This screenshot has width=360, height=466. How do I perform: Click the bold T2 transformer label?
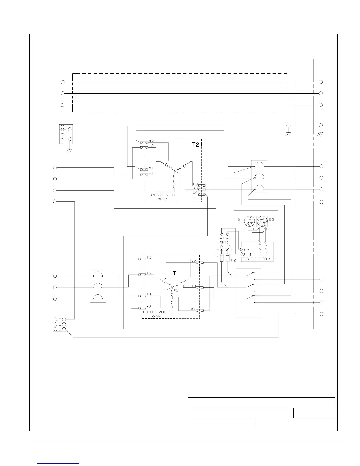(x=196, y=144)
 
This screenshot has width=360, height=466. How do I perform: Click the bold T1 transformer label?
(x=176, y=273)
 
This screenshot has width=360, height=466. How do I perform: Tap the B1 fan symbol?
(x=250, y=221)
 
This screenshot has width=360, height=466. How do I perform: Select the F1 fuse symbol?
(x=221, y=258)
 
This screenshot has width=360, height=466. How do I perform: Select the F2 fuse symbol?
(x=228, y=258)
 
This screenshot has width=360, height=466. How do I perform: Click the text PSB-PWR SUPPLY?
(x=256, y=259)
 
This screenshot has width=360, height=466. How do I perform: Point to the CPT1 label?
(x=224, y=242)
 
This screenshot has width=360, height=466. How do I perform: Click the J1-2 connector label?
(x=246, y=250)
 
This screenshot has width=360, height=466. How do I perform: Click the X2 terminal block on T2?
(x=144, y=142)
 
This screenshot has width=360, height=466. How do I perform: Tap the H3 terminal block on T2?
(x=201, y=186)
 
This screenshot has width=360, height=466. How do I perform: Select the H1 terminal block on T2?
(x=144, y=175)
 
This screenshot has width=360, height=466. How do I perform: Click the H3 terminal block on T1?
(x=142, y=259)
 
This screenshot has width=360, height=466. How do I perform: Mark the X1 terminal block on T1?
(x=200, y=310)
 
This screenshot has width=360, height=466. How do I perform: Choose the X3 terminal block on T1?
(x=200, y=287)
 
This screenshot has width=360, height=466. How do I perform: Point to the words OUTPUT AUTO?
(x=156, y=312)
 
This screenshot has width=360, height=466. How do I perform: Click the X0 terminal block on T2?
(x=201, y=194)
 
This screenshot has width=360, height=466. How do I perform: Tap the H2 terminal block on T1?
(x=142, y=274)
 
